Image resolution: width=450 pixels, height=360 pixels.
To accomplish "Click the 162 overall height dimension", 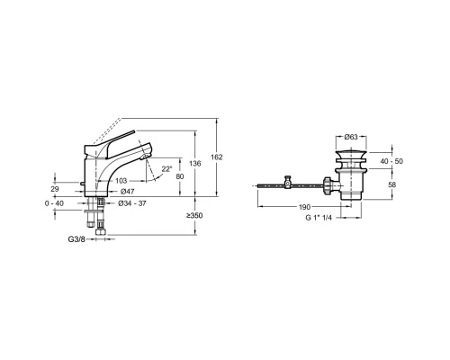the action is point(217,157).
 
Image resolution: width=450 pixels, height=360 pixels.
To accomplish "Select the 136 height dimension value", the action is point(195,164).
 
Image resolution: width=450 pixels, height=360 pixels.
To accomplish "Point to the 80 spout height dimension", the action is point(180,176).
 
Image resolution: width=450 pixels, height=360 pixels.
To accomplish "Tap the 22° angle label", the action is point(167,169).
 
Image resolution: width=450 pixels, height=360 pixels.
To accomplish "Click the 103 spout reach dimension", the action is point(121,181).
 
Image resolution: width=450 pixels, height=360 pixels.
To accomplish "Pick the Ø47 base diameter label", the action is point(127,192).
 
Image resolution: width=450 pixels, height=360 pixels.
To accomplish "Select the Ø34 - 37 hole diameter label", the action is point(132,203).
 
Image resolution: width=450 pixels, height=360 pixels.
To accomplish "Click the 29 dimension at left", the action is point(55,189).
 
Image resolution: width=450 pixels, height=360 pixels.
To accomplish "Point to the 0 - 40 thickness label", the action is point(54,203).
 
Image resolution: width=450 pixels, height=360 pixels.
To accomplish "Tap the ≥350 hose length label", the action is point(194,215).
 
